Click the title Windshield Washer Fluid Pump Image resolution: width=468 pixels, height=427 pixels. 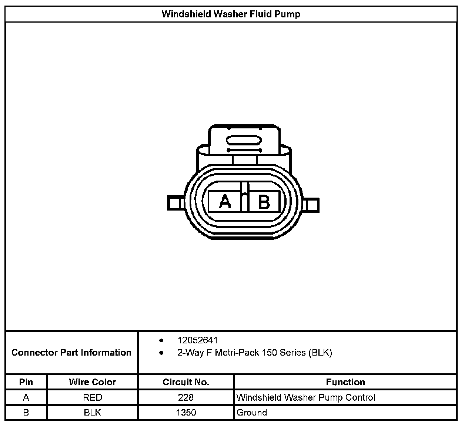[x=231, y=14]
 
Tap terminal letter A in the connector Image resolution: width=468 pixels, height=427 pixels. [x=225, y=202]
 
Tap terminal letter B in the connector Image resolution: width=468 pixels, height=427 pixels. [x=264, y=202]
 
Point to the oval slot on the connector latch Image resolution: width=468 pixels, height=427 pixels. [x=244, y=140]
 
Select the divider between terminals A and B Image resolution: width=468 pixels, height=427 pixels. [x=244, y=197]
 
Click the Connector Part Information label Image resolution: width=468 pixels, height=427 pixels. [x=71, y=352]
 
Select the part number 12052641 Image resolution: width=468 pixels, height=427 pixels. [x=197, y=340]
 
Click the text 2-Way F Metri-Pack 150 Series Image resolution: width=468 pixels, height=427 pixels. [x=241, y=352]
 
